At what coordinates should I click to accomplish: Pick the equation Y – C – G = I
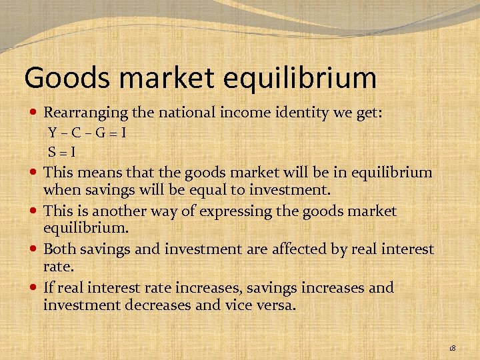(87, 132)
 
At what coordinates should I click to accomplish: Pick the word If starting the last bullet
(49, 288)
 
